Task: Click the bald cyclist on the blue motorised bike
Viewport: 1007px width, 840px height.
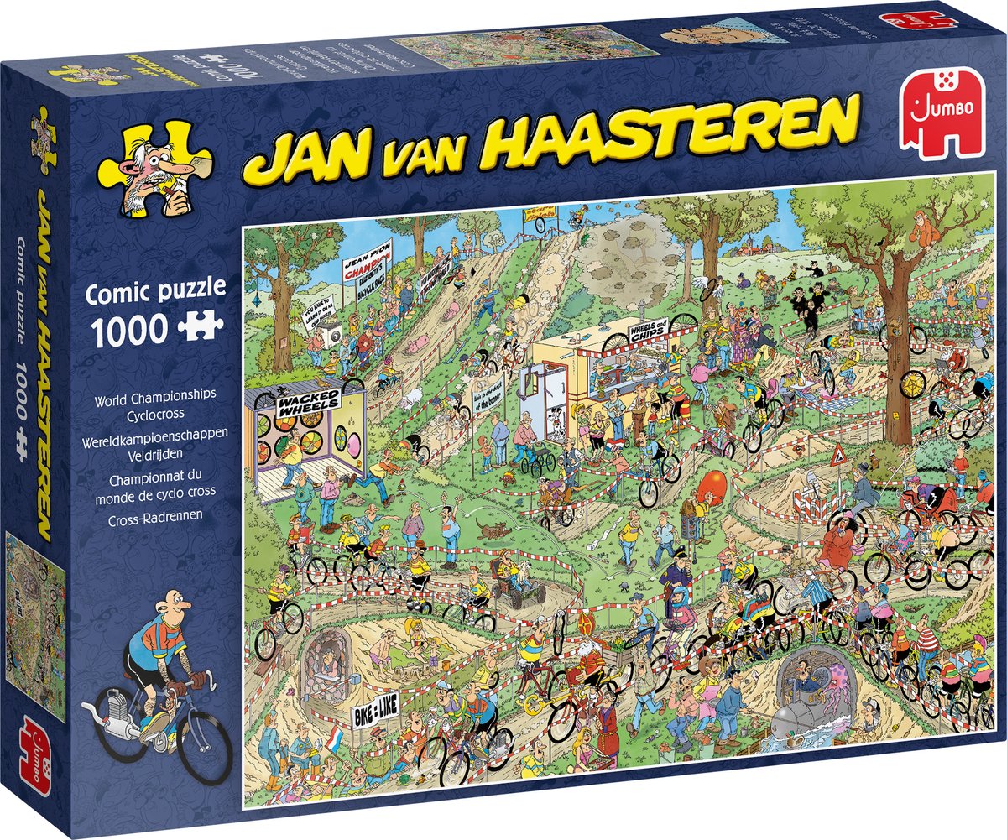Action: pyautogui.click(x=151, y=663)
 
